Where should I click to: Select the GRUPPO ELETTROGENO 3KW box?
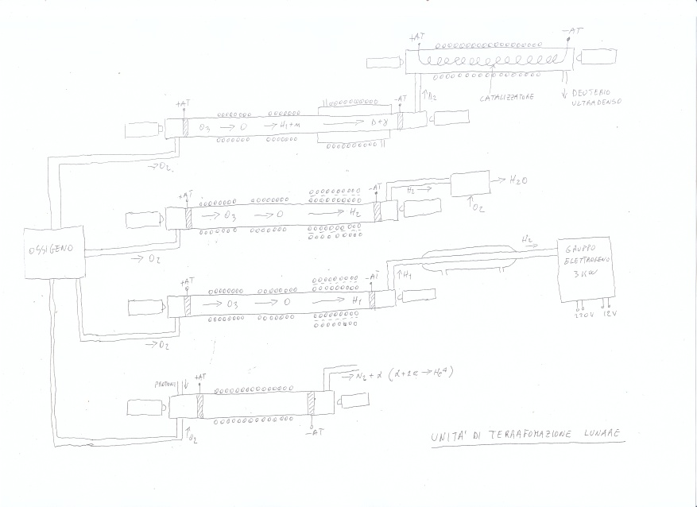point(584,269)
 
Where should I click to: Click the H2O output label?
point(519,181)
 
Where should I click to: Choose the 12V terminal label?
point(610,314)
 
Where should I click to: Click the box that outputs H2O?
point(470,184)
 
